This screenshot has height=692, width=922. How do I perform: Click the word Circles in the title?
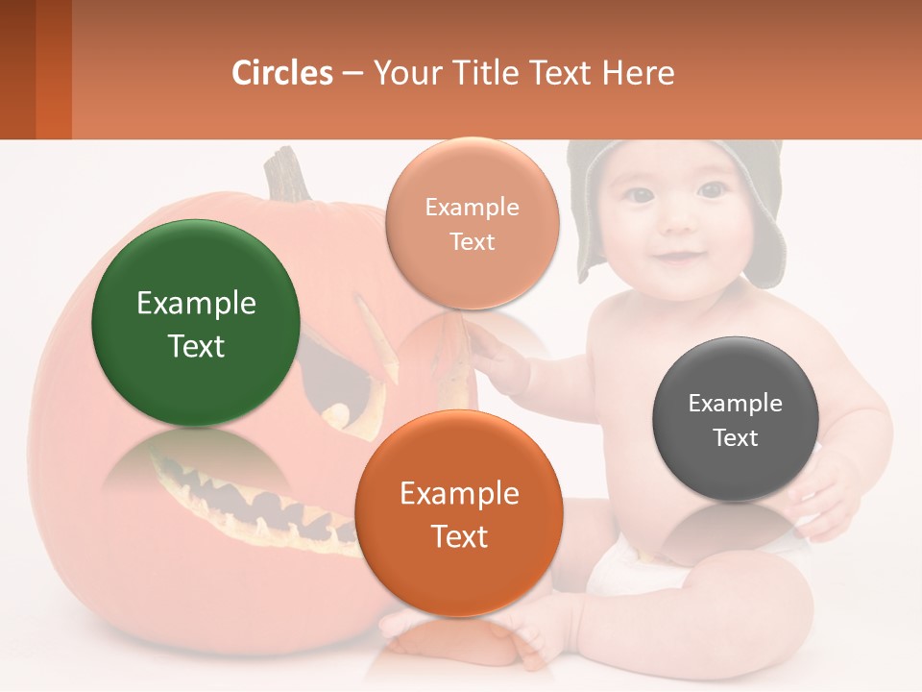(x=281, y=73)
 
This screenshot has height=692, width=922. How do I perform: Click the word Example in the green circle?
(x=196, y=304)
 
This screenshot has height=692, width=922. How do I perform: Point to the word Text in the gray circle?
(x=736, y=438)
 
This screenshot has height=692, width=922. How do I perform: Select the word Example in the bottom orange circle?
(x=459, y=494)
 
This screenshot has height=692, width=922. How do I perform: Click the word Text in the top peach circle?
(x=473, y=242)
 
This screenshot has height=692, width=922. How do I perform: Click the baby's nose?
(x=677, y=221)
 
